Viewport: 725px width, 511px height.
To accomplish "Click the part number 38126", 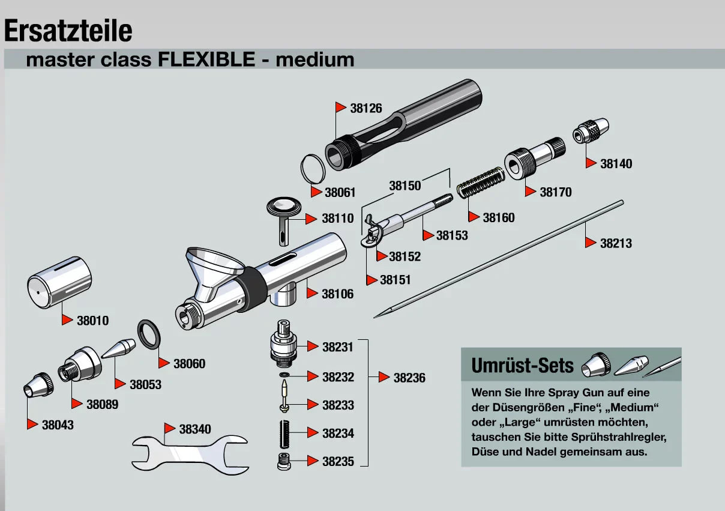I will point(366,109).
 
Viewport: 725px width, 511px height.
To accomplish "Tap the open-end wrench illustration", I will point(190,453).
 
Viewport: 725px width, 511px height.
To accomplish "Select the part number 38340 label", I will point(195,429).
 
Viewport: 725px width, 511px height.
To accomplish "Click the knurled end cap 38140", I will point(591,131).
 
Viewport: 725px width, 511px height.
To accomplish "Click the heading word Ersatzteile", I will point(68,30).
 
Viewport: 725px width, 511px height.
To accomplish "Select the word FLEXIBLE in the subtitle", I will point(206,59).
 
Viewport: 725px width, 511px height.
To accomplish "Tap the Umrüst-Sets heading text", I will point(523,365).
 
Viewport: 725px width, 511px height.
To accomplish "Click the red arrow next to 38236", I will point(384,377).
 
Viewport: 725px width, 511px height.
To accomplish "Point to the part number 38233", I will point(338,405).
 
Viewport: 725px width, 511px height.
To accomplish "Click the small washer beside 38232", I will point(284,376).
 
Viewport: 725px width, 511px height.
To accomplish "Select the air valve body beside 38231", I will point(282,346).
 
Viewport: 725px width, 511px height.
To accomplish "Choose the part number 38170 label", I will point(555,192).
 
